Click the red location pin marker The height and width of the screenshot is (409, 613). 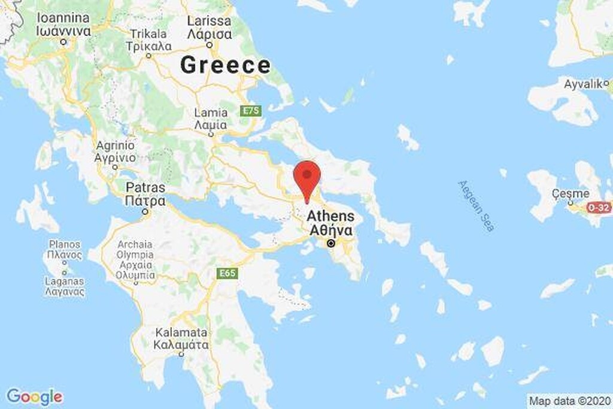[x=307, y=177]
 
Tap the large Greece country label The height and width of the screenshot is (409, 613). [x=225, y=65]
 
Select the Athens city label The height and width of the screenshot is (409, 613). [x=330, y=223]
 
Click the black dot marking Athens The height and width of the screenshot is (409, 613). [x=330, y=244]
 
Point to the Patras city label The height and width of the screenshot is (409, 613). [x=145, y=195]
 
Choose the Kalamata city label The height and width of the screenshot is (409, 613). [x=181, y=339]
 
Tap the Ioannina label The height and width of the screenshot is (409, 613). [x=63, y=25]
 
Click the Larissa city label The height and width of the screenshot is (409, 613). [x=209, y=28]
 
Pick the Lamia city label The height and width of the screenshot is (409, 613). [x=211, y=119]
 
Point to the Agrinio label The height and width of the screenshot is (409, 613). [x=115, y=151]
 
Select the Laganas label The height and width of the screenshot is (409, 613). [x=65, y=286]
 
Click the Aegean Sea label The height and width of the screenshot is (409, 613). [x=477, y=206]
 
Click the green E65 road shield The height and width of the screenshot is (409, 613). [x=227, y=274]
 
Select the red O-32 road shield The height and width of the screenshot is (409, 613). [x=597, y=207]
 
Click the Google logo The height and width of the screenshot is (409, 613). [x=34, y=396]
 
